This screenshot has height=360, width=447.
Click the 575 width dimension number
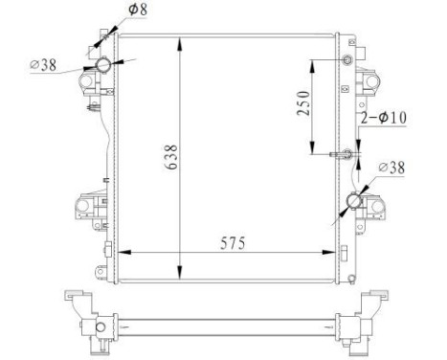(230, 243)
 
